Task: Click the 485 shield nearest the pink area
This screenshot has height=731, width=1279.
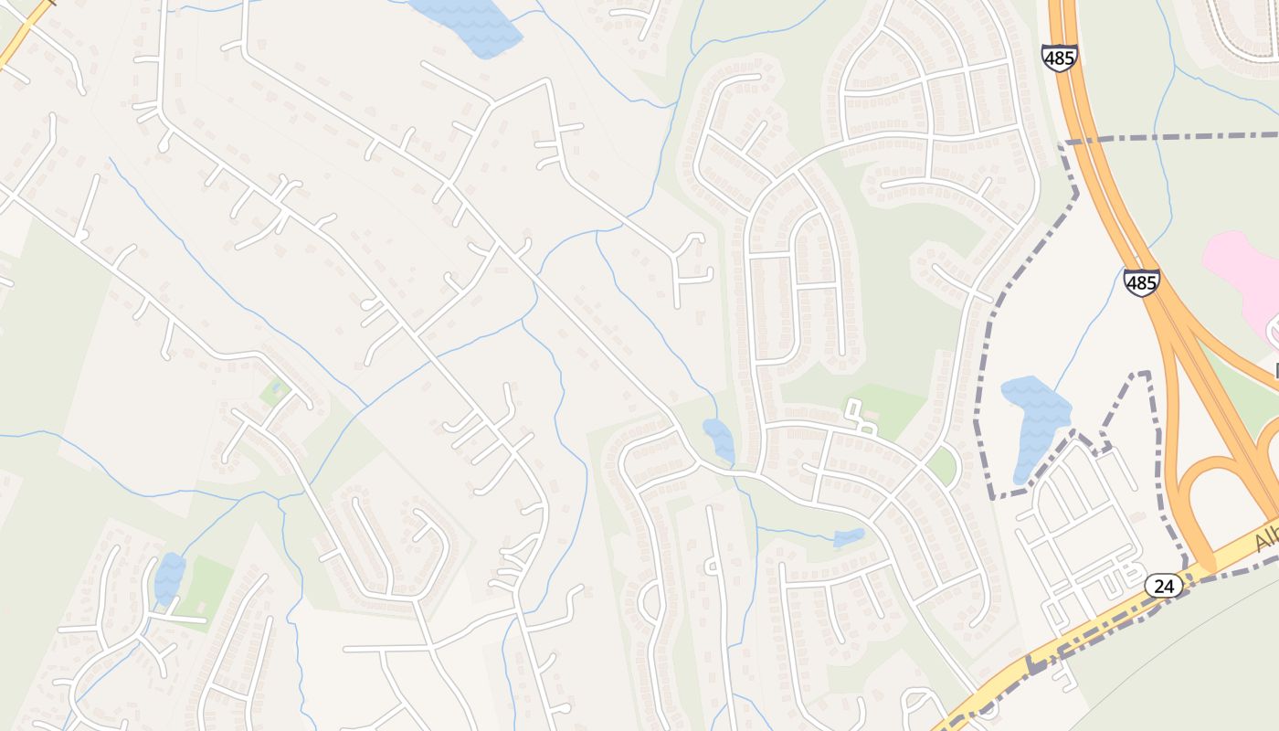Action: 1142,282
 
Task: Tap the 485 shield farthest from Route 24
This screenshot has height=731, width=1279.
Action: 1060,57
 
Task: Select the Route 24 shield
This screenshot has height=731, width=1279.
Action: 1164,586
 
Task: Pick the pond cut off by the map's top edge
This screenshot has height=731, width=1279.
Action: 466,23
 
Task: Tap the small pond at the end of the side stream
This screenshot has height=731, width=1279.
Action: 849,538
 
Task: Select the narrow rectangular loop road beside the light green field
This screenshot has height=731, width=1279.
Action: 858,415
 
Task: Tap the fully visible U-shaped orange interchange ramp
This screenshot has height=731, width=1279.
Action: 1206,493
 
